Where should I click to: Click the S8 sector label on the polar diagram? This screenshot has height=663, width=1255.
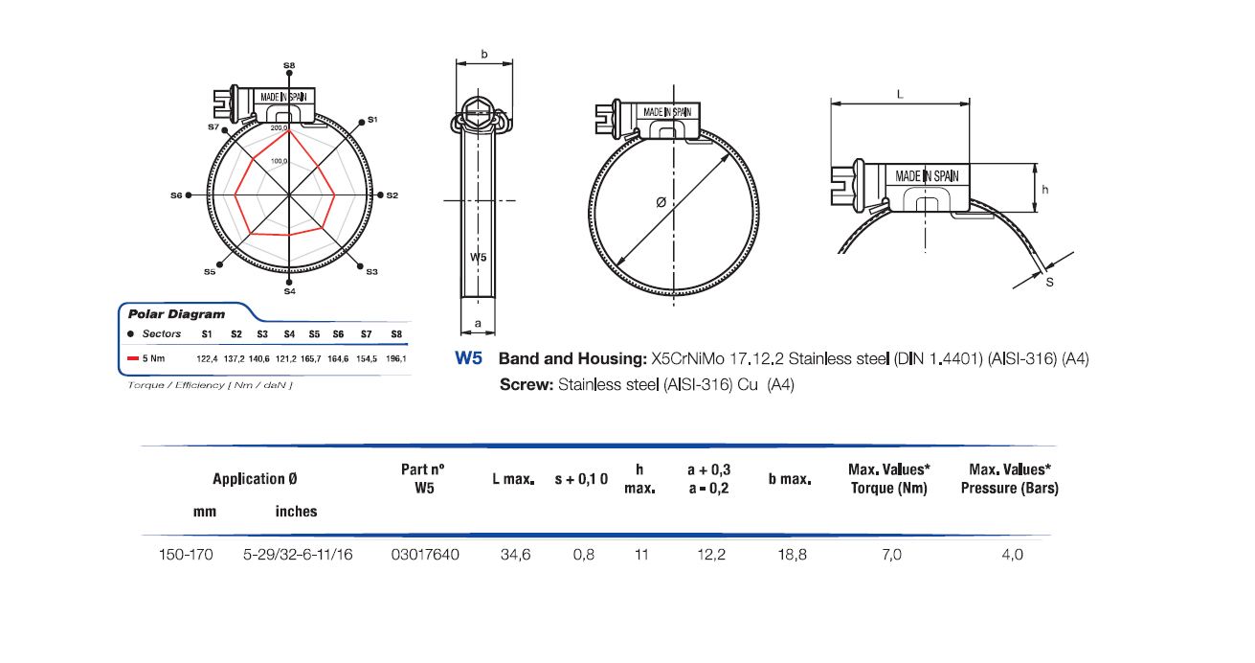[289, 65]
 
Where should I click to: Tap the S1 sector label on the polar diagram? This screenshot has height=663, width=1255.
[373, 120]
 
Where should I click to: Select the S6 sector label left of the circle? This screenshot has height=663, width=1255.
[176, 194]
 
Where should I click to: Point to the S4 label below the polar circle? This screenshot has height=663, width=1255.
[289, 291]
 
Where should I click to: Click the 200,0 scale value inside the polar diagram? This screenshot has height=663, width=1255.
[279, 127]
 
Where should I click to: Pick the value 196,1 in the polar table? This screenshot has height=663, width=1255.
[395, 358]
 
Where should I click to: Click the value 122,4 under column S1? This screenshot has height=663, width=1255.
[208, 358]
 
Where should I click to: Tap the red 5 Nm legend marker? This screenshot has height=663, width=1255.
[135, 358]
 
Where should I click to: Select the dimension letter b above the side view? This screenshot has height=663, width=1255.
[483, 55]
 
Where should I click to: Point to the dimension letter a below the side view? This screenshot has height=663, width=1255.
[478, 324]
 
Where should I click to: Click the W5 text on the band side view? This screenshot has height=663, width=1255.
[479, 257]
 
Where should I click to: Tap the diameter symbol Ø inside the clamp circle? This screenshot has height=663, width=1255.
[661, 202]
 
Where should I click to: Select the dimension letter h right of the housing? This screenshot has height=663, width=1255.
[1045, 190]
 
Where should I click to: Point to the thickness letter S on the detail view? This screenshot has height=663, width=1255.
[1049, 283]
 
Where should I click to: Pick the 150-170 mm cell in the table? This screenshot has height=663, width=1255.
[186, 555]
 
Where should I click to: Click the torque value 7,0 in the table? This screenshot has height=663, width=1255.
[889, 555]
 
